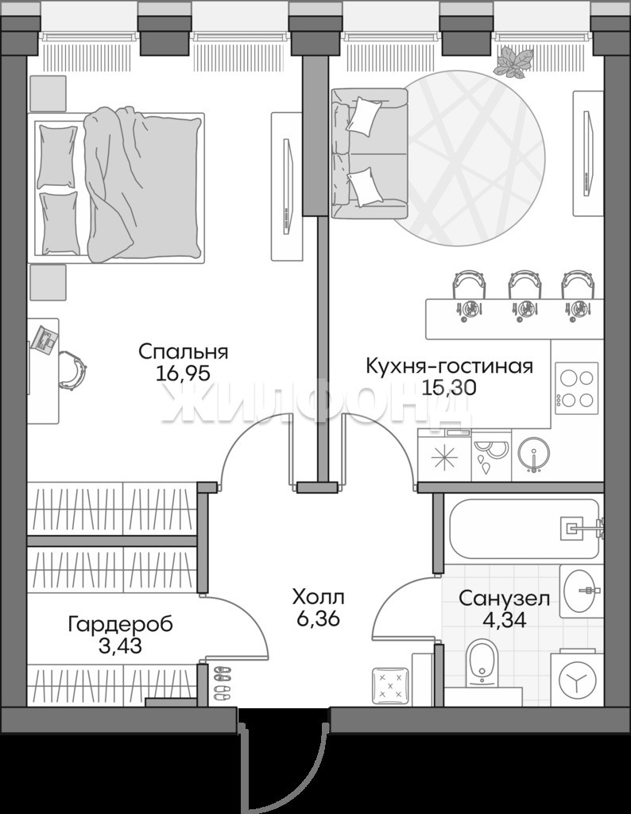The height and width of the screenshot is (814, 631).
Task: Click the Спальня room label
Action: click(183, 352)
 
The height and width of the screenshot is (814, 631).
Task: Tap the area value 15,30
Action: click(449, 388)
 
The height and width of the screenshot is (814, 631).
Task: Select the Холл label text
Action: click(318, 597)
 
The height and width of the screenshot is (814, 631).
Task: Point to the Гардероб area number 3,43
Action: click(119, 646)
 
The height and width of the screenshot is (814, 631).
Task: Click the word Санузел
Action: click(505, 599)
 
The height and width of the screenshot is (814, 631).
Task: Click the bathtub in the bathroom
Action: click(524, 529)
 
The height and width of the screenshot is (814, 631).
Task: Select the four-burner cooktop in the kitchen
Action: click(576, 388)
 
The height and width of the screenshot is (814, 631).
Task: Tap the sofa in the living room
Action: click(370, 153)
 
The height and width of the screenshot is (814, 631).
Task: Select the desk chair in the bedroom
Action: click(72, 369)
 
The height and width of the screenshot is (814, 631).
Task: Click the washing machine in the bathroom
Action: click(576, 678)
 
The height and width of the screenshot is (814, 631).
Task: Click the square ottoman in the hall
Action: click(390, 685)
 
